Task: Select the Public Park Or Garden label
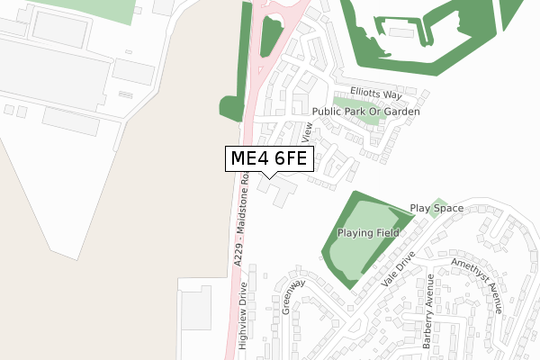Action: [365, 112]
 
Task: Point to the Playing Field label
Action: [368, 233]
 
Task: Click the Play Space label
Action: [436, 208]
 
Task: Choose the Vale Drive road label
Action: [399, 268]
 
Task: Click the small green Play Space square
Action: [438, 204]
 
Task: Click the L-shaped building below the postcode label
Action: [280, 189]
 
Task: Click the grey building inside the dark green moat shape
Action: [402, 34]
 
